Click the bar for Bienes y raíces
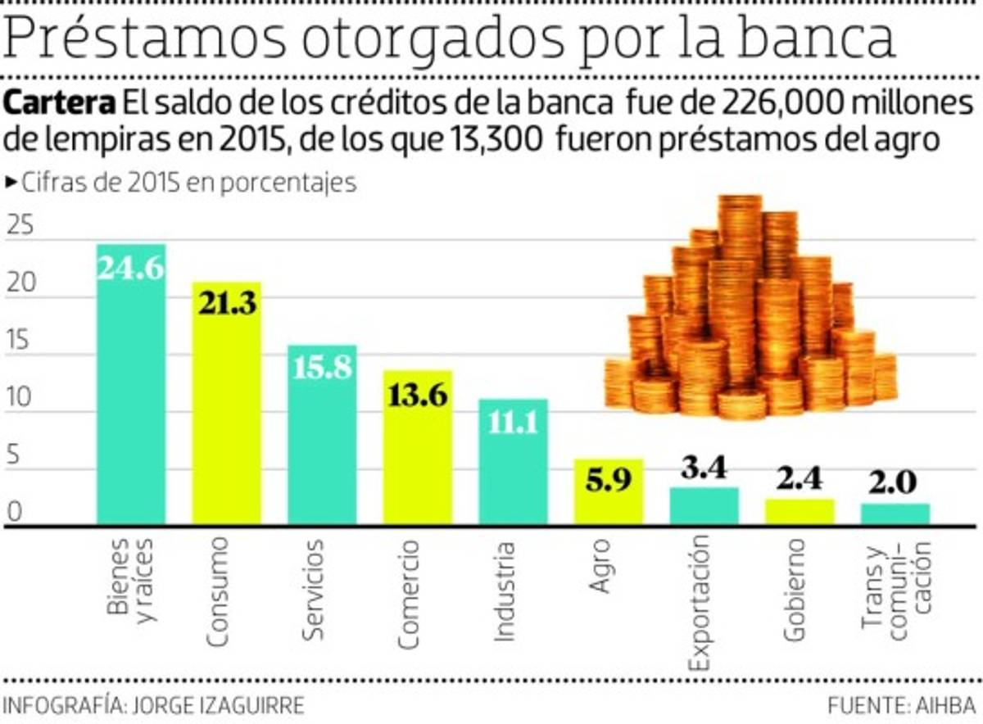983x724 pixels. tap(131, 385)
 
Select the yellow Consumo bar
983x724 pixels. tap(227, 405)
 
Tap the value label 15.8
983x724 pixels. tap(322, 366)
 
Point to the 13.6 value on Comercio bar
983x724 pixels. tap(418, 395)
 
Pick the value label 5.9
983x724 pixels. tap(609, 481)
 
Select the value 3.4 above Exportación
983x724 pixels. tap(704, 470)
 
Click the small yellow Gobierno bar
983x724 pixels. tap(800, 512)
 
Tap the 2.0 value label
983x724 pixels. tap(895, 483)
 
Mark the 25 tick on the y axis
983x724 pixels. tap(20, 227)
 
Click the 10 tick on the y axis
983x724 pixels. tap(20, 399)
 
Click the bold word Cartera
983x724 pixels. tap(59, 104)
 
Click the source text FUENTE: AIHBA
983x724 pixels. tap(901, 705)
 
